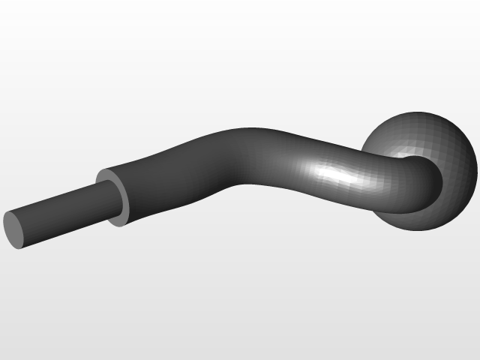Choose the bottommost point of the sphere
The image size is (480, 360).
point(420,229)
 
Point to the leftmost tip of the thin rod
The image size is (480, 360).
point(4,225)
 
